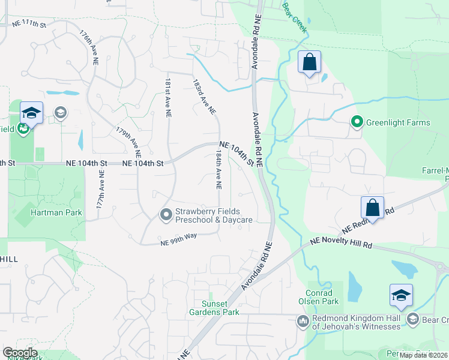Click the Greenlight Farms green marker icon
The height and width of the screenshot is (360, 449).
tap(357, 122)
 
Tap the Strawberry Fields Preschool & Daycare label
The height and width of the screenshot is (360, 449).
tap(213, 215)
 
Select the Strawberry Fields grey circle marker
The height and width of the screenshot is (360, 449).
tap(165, 214)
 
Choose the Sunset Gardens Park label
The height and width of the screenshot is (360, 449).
tap(220, 308)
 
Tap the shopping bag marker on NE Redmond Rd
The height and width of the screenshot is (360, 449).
tap(372, 208)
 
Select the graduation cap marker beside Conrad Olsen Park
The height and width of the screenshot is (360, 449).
tap(400, 295)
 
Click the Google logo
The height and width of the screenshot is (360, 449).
tap(20, 353)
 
